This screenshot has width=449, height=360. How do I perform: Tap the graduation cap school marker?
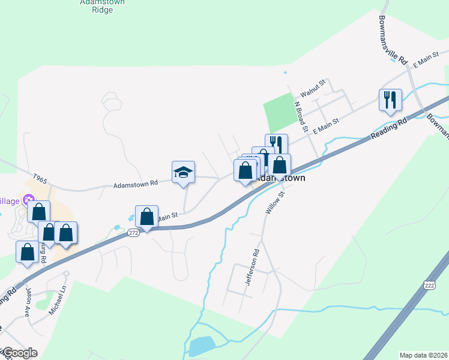(x=184, y=173)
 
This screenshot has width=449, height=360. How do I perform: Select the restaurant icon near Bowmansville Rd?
(x=390, y=100)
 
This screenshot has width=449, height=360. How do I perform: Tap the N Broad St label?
(x=301, y=116)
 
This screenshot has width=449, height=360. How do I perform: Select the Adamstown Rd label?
(x=136, y=184)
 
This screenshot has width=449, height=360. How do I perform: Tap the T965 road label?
(x=40, y=178)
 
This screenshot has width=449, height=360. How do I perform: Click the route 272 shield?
(x=133, y=232)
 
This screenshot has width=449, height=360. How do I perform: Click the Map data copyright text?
(x=423, y=355)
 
